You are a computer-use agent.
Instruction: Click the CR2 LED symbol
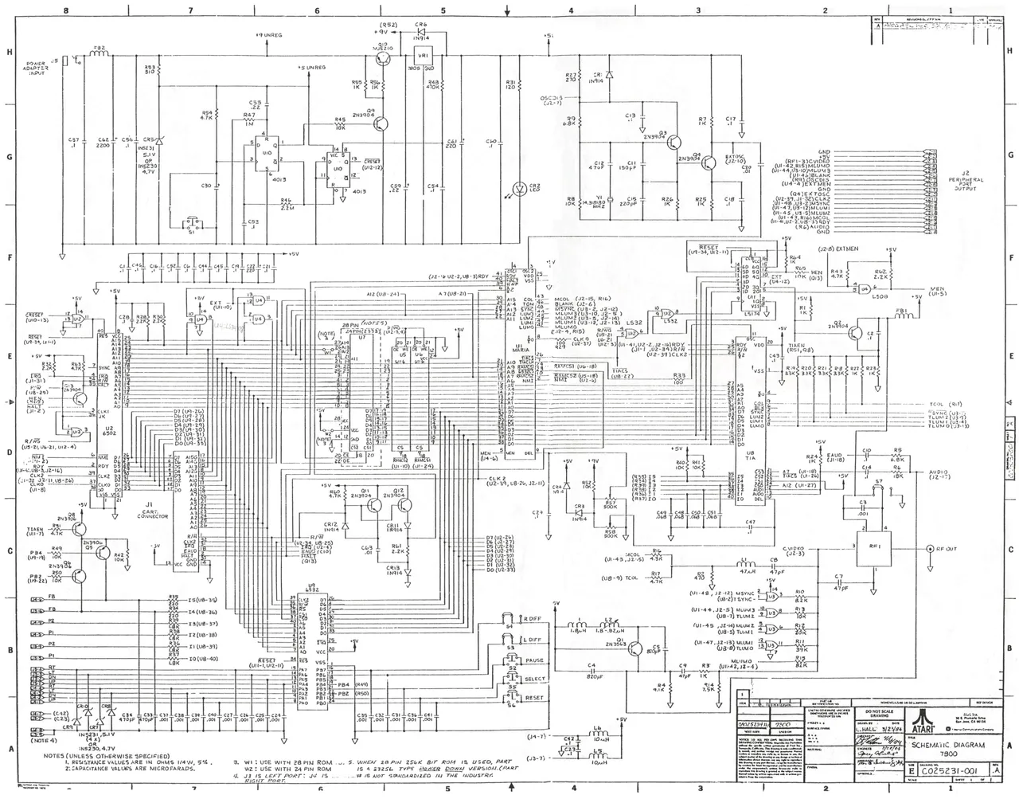point(519,189)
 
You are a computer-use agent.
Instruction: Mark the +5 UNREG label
point(310,68)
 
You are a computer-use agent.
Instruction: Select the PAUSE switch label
point(533,660)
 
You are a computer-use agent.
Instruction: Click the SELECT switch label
point(535,680)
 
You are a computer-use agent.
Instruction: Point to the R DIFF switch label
point(531,619)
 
